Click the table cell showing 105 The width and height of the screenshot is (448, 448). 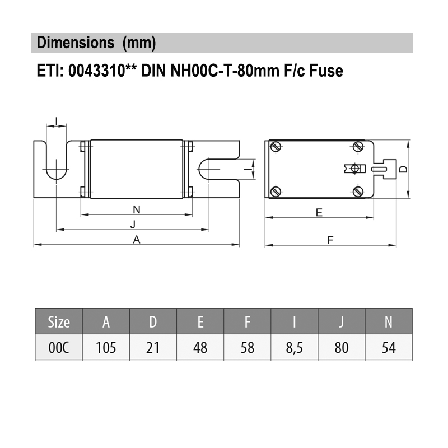(106, 348)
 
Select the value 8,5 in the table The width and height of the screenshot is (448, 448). (295, 348)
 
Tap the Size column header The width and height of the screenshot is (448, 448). (59, 322)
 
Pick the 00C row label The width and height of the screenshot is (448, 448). (59, 348)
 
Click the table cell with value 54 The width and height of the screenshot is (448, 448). (389, 348)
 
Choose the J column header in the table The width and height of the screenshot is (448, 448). (342, 322)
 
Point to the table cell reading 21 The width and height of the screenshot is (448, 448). (153, 348)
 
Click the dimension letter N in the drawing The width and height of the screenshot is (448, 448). (137, 209)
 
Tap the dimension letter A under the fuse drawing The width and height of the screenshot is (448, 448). (137, 240)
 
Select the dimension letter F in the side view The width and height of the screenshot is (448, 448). (330, 240)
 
